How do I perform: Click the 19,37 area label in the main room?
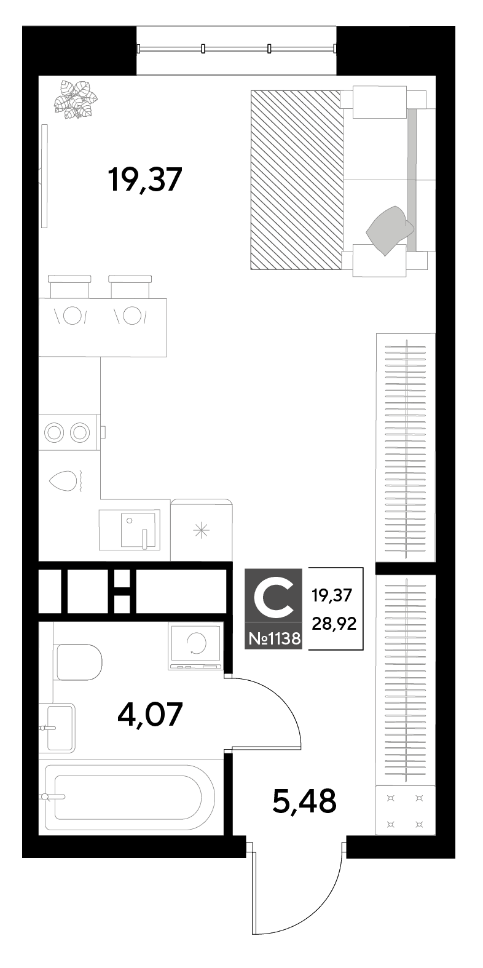(x=146, y=180)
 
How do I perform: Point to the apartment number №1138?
(x=274, y=638)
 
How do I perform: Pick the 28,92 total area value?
(x=334, y=624)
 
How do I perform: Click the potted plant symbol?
(x=76, y=100)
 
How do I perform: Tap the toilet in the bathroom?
(x=79, y=662)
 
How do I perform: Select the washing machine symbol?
(x=195, y=646)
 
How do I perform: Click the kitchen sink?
(x=130, y=530)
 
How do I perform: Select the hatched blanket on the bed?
(x=298, y=180)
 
